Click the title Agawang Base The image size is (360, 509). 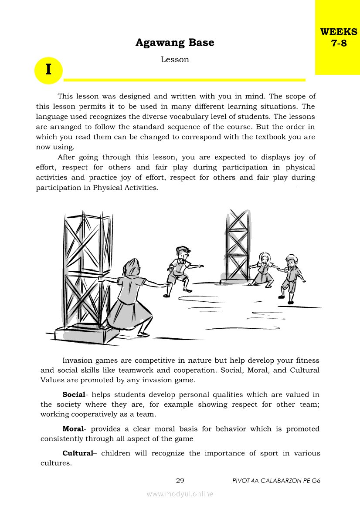175,43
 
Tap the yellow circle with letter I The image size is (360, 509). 48,70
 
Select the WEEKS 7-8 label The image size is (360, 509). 338,37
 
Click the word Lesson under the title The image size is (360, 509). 175,60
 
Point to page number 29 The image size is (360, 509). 180,481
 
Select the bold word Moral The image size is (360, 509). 72,429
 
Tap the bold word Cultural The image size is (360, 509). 78,453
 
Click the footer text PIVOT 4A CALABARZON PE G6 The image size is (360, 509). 276,481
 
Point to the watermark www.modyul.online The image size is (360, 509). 180,494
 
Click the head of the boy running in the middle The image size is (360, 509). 183,253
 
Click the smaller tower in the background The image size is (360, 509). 237,246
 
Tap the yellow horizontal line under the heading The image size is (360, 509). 184,80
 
